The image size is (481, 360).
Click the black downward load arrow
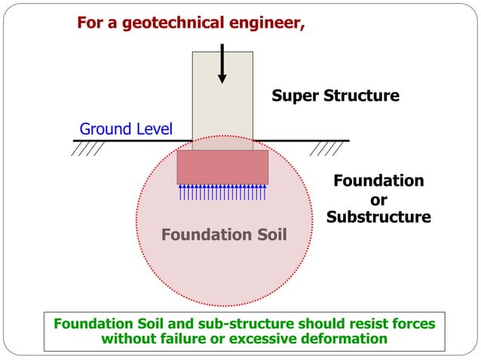click(222, 64)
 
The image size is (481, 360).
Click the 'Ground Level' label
click(126, 129)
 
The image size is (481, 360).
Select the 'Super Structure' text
click(335, 96)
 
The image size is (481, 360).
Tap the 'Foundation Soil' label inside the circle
click(224, 235)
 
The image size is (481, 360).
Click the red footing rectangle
click(222, 166)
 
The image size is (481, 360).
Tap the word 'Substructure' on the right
click(378, 217)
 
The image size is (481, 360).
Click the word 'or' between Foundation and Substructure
click(379, 200)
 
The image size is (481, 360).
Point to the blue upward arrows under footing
click(222, 192)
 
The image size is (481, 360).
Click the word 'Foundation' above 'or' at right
click(378, 181)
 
